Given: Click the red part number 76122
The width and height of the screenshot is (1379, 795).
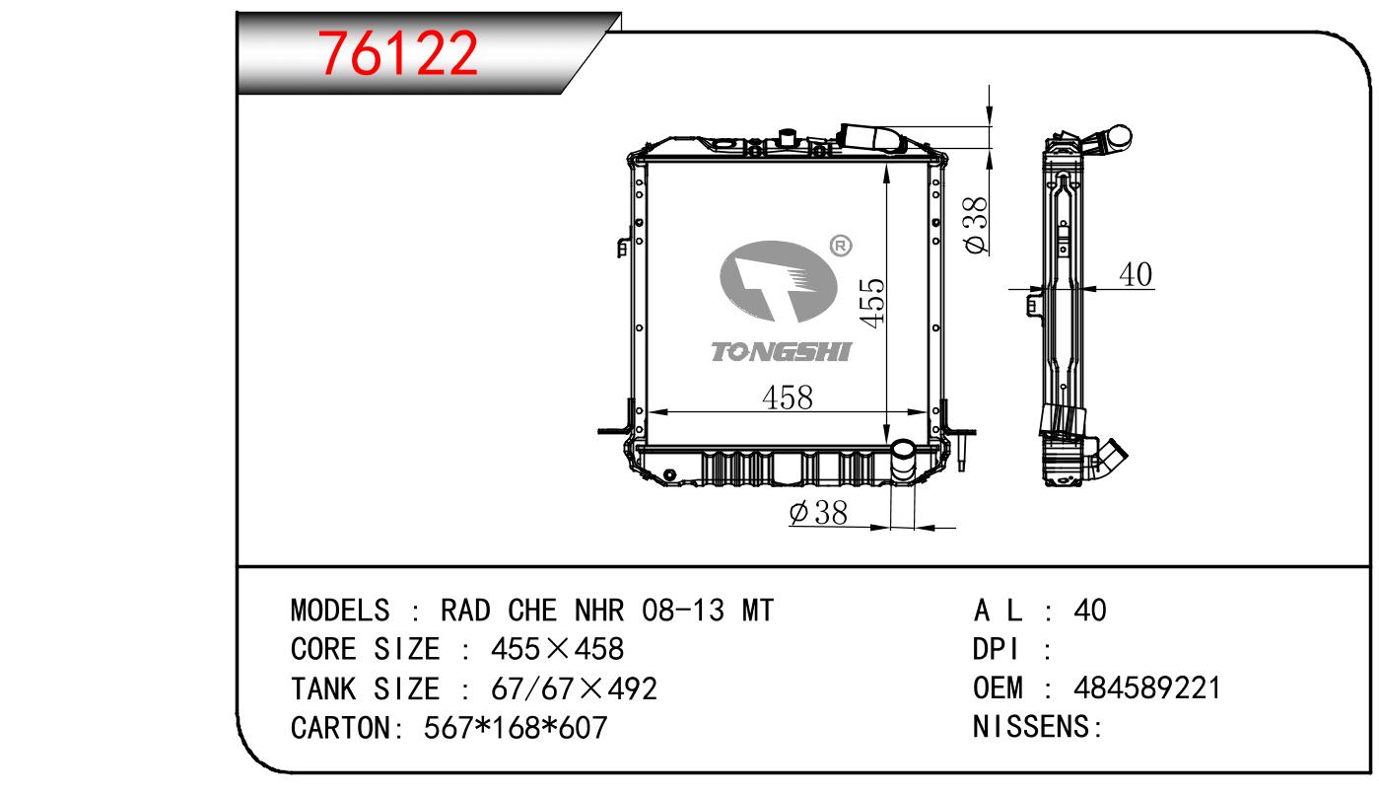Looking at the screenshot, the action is coord(397,53).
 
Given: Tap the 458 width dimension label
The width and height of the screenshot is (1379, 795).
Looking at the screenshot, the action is coord(788,397).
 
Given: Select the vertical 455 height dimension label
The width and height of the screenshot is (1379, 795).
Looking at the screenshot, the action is coord(872,303).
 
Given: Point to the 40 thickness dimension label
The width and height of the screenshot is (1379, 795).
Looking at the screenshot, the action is coord(1136,274).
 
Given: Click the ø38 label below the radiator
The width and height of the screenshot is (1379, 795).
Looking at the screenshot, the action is coord(818,512).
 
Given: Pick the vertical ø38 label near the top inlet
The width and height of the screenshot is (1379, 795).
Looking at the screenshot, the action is coord(976,226).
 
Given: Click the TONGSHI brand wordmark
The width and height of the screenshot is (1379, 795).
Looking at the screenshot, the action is coord(782,351).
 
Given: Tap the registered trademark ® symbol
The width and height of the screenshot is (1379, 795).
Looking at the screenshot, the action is coord(841,246).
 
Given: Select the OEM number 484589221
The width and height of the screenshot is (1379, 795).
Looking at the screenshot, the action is coord(1147,687).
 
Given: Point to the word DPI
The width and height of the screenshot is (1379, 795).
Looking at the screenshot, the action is coord(996,649).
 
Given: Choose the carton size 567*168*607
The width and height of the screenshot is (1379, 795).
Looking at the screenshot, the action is coord(516,728).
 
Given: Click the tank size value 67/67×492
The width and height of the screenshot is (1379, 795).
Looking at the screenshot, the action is coord(574,688).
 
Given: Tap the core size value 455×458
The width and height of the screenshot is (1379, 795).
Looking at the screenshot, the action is coord(557,649).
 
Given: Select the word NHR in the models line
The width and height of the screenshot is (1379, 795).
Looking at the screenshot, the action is coord(599,611).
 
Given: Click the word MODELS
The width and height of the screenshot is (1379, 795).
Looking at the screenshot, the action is coord(340,611).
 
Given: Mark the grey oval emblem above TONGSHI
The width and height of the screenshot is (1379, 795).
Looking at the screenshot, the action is coord(778,281).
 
